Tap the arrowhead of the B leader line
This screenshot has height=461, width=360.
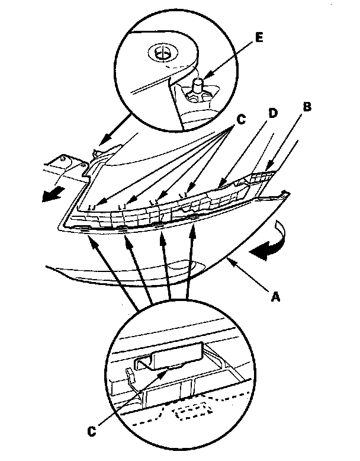coord(267,168)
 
